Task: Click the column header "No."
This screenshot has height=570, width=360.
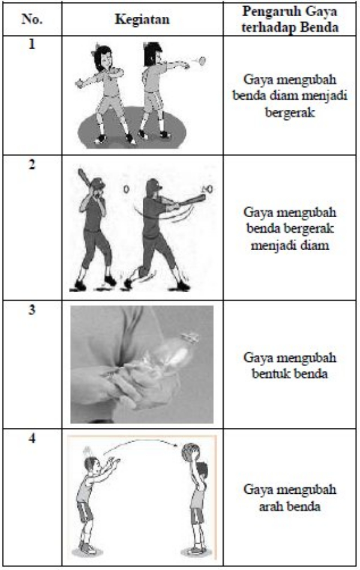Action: [x=32, y=19]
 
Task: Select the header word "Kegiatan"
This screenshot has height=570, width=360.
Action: [x=142, y=19]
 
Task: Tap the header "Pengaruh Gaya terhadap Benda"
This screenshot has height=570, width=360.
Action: [x=290, y=19]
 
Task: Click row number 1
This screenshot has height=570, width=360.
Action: [x=32, y=45]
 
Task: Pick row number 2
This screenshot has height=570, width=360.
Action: [x=32, y=165]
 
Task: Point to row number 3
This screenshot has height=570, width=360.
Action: [x=32, y=310]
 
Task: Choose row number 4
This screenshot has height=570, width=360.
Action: [x=32, y=439]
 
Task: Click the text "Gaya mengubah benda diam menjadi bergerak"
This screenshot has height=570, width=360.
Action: [x=290, y=96]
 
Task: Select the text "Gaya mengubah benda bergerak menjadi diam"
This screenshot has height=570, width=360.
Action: [x=290, y=229]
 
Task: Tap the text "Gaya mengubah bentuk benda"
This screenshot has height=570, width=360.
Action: [x=290, y=365]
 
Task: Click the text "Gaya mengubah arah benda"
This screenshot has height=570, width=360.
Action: [x=290, y=497]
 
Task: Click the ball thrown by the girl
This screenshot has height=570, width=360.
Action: [x=202, y=61]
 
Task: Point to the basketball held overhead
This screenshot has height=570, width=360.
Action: [x=190, y=452]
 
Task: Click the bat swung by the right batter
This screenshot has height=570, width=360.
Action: [x=189, y=201]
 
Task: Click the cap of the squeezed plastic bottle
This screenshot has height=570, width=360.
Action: [x=191, y=337]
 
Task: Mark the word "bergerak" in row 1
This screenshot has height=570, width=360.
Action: [x=290, y=112]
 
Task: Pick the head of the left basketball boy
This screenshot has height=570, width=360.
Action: [x=91, y=465]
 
